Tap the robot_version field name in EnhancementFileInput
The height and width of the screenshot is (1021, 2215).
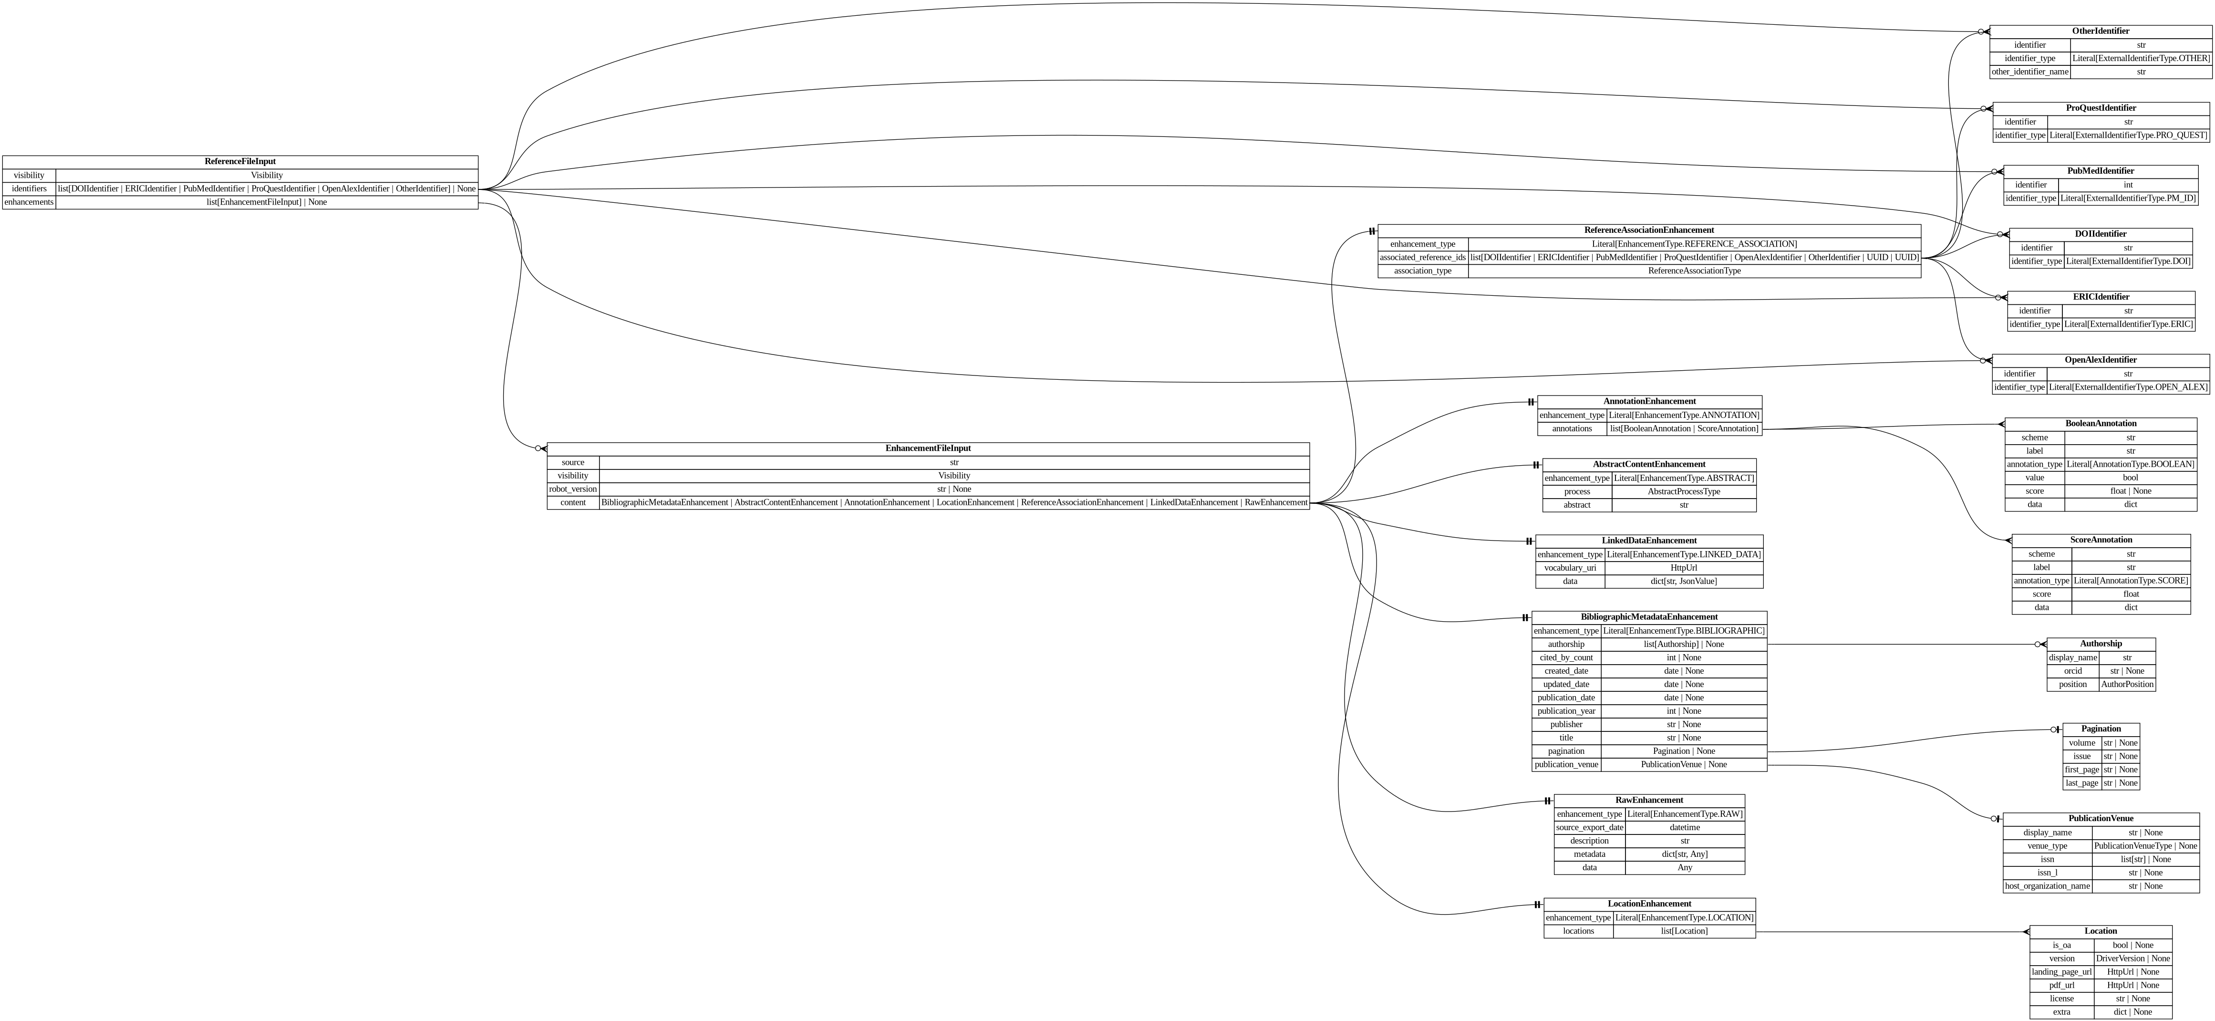tap(573, 489)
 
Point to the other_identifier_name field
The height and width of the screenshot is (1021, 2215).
tap(2029, 72)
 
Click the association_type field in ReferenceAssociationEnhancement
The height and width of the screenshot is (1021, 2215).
tap(1422, 271)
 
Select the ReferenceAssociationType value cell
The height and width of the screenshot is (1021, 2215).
tap(1694, 271)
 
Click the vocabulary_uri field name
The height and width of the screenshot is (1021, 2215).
tap(1569, 568)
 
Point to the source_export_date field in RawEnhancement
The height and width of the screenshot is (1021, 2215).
tap(1589, 827)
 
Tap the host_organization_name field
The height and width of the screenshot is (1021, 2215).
tap(2047, 886)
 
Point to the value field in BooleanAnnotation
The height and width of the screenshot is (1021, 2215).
tap(2034, 478)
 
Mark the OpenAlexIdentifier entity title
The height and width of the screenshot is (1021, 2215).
tap(2100, 360)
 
